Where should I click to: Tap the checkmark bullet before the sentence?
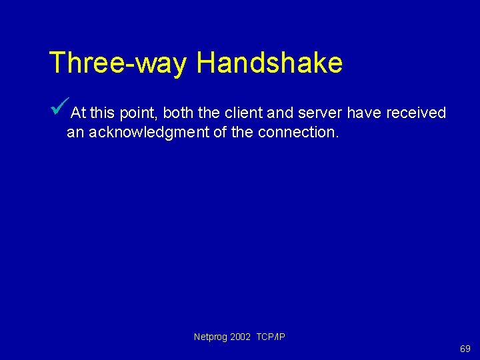point(60,106)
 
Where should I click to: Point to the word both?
point(178,113)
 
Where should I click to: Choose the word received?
point(416,113)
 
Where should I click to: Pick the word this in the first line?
point(103,113)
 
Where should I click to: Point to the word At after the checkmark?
point(78,113)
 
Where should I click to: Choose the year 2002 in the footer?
point(241,337)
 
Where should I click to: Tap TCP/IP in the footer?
point(271,337)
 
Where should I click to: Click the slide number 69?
point(465,349)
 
